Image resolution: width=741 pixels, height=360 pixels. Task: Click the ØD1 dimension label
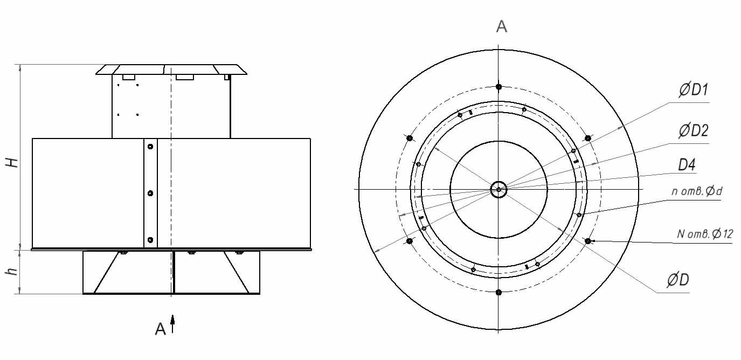pyautogui.click(x=694, y=89)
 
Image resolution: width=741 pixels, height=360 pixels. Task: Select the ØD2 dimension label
pyautogui.click(x=694, y=131)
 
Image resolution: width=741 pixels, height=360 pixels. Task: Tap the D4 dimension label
pyautogui.click(x=687, y=164)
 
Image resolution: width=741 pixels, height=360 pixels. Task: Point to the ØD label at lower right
pyautogui.click(x=678, y=280)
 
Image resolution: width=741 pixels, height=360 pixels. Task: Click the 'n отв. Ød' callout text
pyautogui.click(x=697, y=191)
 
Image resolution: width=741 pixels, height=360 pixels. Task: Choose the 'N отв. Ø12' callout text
pyautogui.click(x=704, y=234)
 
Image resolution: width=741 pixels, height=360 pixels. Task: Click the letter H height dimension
pyautogui.click(x=12, y=162)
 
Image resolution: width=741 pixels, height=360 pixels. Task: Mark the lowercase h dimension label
pyautogui.click(x=12, y=271)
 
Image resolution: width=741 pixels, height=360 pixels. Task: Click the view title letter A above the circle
pyautogui.click(x=502, y=26)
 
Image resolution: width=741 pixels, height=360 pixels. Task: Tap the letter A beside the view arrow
pyautogui.click(x=161, y=329)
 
